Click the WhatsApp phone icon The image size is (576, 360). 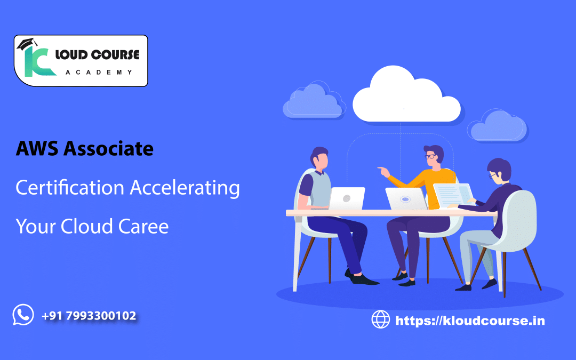tap(23, 315)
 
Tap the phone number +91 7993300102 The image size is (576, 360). tap(89, 316)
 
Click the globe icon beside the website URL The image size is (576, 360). tap(381, 320)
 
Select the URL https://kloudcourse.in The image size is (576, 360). tap(470, 321)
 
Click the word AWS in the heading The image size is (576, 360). tap(37, 149)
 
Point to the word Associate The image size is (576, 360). tap(108, 149)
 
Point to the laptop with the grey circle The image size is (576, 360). tap(347, 198)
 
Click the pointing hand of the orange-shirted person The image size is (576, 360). tap(382, 171)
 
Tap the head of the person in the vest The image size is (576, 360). tap(320, 158)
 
